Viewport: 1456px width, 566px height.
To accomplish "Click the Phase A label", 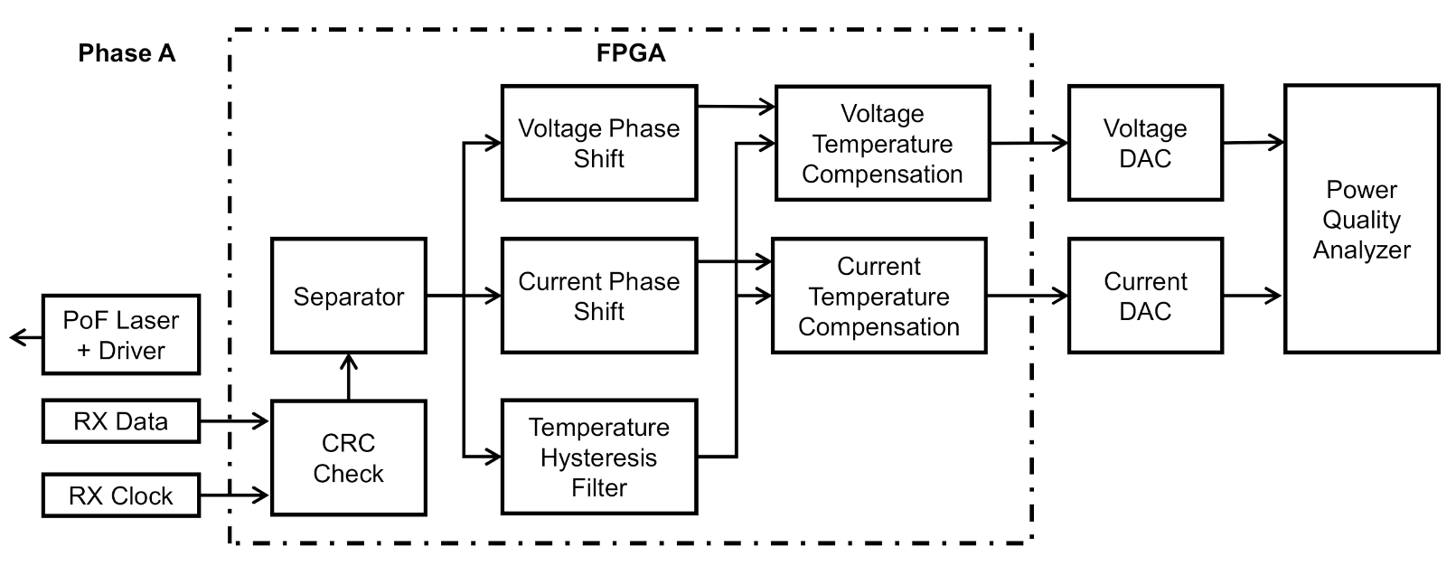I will (126, 53).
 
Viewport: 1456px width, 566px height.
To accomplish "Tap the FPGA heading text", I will (630, 53).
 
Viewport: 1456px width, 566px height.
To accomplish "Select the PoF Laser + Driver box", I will (120, 335).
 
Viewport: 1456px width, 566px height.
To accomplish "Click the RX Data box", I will (120, 421).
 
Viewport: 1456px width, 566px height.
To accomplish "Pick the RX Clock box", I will (120, 495).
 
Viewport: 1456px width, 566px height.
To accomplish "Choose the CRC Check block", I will (348, 458).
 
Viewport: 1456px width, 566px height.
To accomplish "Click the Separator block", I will (348, 297).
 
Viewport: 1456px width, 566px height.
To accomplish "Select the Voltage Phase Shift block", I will (598, 143).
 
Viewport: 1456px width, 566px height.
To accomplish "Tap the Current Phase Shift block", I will (598, 296).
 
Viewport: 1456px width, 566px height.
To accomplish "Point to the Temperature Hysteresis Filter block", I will (598, 457).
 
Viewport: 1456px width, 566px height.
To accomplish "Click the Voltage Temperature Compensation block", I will (882, 143).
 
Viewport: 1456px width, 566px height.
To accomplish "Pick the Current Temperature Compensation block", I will (878, 296).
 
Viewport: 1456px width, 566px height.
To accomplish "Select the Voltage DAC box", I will (1144, 143).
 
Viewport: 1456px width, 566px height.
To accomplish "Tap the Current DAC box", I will (1144, 296).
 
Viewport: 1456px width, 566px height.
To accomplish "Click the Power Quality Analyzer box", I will (1361, 219).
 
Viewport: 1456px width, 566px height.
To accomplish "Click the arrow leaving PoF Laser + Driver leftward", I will (25, 338).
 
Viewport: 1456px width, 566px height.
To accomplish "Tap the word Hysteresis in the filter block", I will (598, 458).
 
